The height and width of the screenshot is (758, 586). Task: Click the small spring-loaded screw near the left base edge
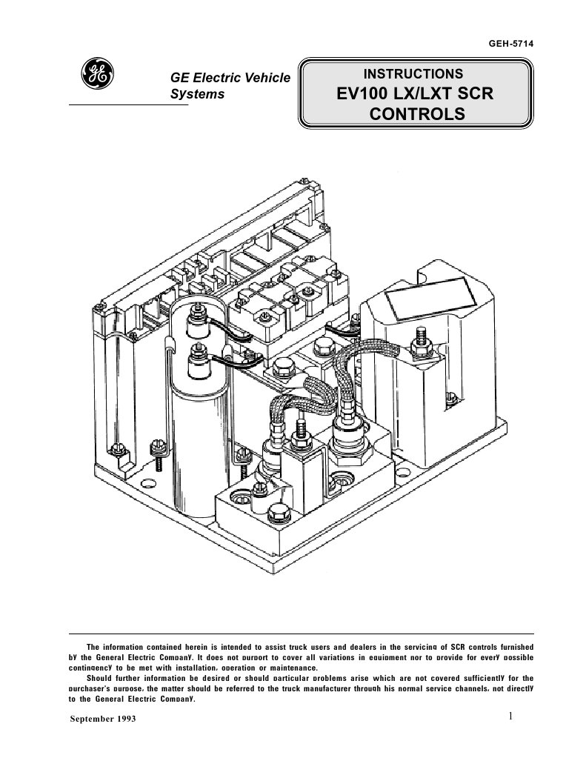(157, 456)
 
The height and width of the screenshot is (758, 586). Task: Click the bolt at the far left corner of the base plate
(116, 448)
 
